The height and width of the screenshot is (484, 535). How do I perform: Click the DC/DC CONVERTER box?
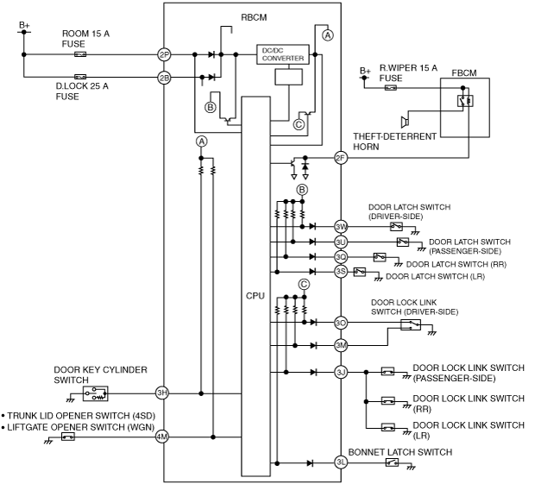[x=282, y=54]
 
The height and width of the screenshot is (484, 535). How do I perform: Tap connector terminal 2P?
[x=164, y=54]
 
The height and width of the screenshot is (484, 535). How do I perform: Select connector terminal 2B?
[x=164, y=78]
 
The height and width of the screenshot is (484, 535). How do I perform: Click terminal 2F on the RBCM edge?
[x=341, y=158]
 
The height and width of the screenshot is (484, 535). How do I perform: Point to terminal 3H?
[x=162, y=393]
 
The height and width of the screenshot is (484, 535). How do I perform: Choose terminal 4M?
[x=162, y=437]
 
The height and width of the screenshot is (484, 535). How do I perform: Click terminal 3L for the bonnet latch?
[x=341, y=462]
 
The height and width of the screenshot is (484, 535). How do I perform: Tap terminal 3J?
[x=341, y=372]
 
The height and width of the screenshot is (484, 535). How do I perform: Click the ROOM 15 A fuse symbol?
[x=80, y=54]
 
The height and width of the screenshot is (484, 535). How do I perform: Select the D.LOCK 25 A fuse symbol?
[x=80, y=77]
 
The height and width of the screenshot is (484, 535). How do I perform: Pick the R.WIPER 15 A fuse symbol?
[x=391, y=88]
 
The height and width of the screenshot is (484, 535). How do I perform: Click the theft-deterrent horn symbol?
[x=405, y=122]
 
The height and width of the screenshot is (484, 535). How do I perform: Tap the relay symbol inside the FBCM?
[x=465, y=101]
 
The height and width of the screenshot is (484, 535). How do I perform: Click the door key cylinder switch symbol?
[x=96, y=393]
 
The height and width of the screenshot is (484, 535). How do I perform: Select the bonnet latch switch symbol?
[x=392, y=462]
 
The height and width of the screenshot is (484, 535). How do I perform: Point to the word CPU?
[x=255, y=296]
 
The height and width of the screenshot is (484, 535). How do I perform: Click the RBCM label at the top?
[x=254, y=17]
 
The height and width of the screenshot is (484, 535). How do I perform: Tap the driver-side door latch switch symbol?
[x=396, y=226]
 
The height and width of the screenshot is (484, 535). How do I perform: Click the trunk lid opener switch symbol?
[x=68, y=437]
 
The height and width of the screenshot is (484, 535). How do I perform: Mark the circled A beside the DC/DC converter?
[x=328, y=35]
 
